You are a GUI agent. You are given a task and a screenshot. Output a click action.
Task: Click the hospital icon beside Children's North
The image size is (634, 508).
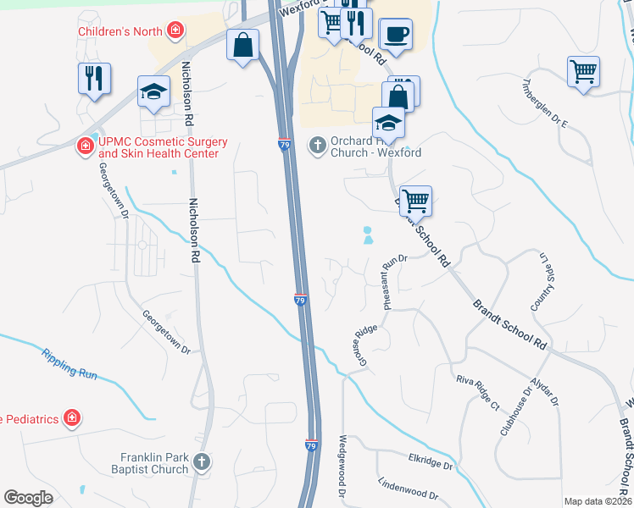pos(175,32)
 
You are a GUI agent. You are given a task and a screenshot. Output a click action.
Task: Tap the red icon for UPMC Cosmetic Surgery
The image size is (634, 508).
pos(86,147)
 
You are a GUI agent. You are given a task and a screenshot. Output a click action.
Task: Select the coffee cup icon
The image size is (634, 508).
pos(396,35)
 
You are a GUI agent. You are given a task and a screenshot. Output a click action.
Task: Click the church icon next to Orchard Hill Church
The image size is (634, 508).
pos(317,146)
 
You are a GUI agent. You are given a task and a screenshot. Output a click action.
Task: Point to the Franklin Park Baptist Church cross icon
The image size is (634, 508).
pos(201,462)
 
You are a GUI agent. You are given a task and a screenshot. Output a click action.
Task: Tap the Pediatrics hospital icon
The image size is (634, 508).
pos(73,418)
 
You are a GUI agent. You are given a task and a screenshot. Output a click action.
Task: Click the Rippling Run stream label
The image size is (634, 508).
pos(70,362)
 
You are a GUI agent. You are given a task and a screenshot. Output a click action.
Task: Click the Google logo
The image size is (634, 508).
pos(29,498)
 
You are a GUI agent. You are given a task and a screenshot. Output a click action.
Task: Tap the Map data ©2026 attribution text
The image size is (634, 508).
pos(598,501)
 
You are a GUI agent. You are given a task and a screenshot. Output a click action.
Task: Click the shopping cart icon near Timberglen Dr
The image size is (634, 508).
pos(584,70)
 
